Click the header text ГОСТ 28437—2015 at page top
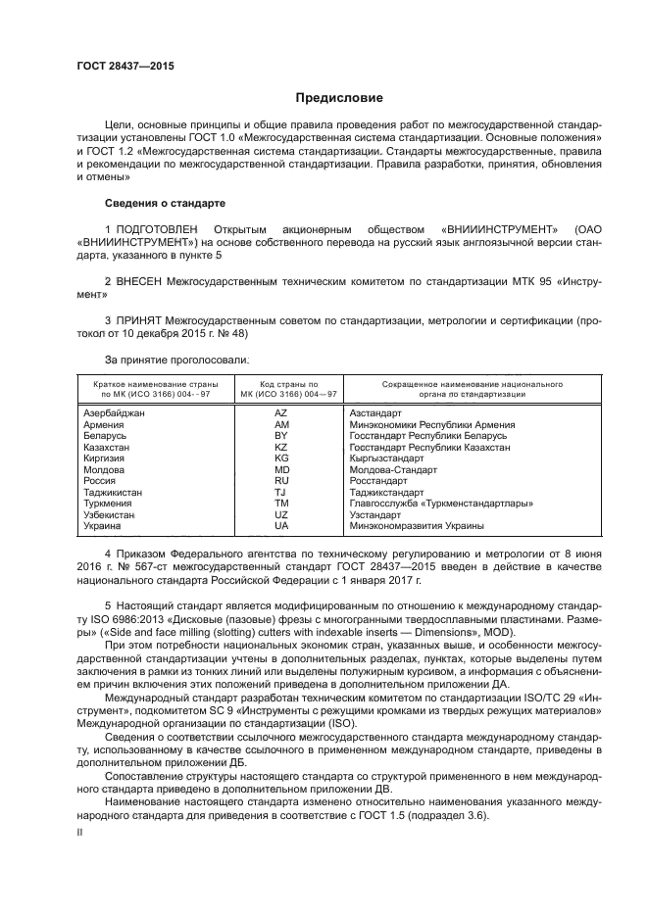(125, 67)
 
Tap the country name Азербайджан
(115, 414)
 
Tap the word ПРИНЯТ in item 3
(139, 320)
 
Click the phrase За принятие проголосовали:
(163, 360)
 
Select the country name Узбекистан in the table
(110, 514)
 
